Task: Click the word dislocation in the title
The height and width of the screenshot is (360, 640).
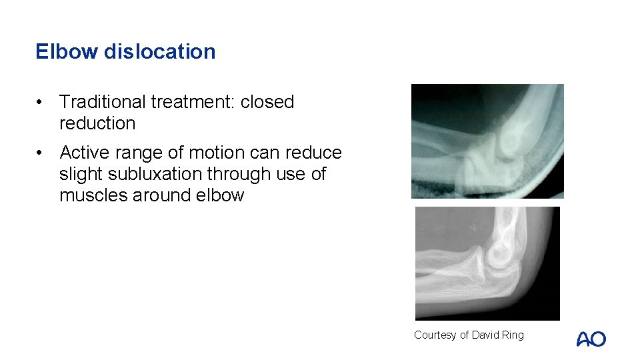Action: click(x=159, y=51)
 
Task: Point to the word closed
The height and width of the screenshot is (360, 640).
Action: click(x=267, y=102)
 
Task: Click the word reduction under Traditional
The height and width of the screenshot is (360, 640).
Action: click(x=97, y=123)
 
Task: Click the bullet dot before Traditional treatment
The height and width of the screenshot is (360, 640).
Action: click(x=41, y=102)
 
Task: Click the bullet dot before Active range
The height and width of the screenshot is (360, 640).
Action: click(x=41, y=153)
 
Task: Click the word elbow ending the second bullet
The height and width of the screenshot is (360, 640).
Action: click(x=221, y=195)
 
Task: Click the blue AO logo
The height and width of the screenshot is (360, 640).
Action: click(x=591, y=339)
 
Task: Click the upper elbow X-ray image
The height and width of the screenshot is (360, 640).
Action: click(x=487, y=141)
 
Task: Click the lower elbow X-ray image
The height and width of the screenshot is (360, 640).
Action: click(x=487, y=263)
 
